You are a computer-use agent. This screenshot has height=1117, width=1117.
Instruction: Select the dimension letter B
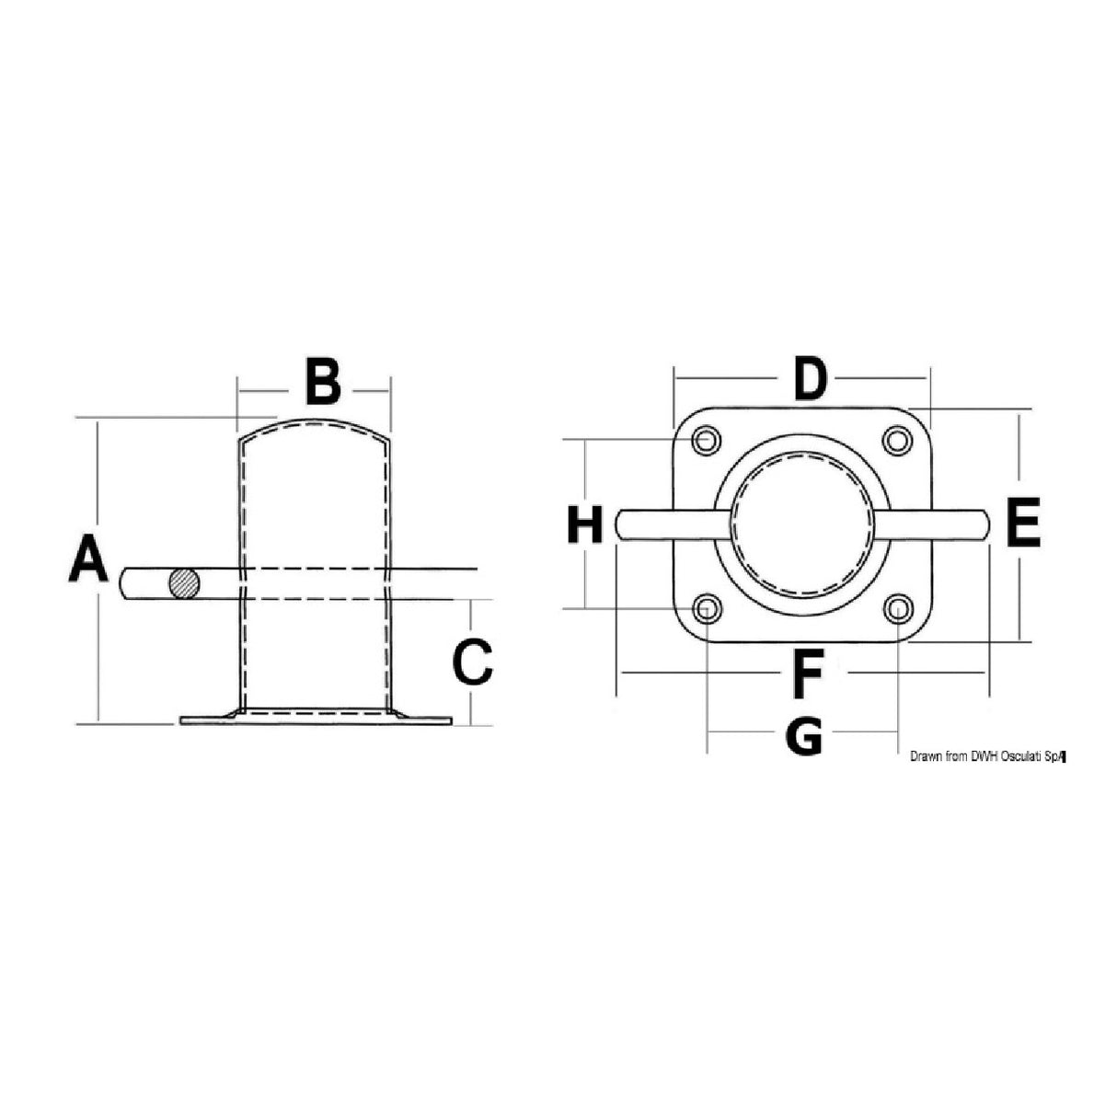point(322,384)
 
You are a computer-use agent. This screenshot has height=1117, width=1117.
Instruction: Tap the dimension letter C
point(473,662)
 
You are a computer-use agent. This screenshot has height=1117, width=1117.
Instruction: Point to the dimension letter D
point(809,379)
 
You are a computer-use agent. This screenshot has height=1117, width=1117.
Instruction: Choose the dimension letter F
point(807,674)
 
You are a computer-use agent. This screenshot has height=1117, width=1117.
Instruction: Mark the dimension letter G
point(805,736)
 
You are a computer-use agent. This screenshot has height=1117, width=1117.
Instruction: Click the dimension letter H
point(585,525)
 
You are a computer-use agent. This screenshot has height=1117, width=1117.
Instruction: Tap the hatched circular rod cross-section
point(184,583)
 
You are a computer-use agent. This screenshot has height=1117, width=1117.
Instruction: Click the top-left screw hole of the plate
point(707,441)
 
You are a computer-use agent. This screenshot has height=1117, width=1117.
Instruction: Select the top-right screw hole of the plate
point(896,441)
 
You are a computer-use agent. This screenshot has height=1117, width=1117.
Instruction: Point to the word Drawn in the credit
point(926,756)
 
